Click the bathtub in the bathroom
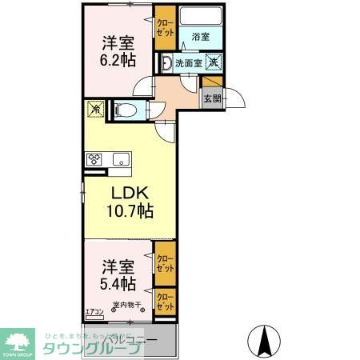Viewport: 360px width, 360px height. (x=202, y=16)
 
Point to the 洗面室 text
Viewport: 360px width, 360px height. (x=189, y=62)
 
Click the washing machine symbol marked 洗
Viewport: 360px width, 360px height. (x=214, y=62)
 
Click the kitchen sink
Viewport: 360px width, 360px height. (x=122, y=158)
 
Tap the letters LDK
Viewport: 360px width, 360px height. (x=128, y=194)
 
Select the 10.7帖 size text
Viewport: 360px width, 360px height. (x=128, y=212)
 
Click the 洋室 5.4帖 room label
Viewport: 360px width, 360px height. (x=118, y=274)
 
